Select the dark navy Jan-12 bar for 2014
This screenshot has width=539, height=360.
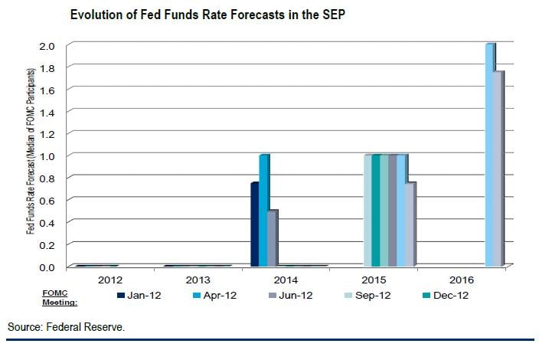pos(255,224)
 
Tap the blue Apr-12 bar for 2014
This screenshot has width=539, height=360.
pos(263,211)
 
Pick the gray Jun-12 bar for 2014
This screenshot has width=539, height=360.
pos(272,238)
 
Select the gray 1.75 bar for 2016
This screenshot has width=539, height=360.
pos(499,169)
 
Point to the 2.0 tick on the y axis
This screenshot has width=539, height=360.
pos(47,46)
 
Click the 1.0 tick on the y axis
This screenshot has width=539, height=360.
pos(47,156)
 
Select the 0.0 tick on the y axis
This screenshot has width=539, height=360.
pos(47,267)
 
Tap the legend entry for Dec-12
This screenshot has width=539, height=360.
pos(450,295)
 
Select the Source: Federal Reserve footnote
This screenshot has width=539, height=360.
pos(66,327)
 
